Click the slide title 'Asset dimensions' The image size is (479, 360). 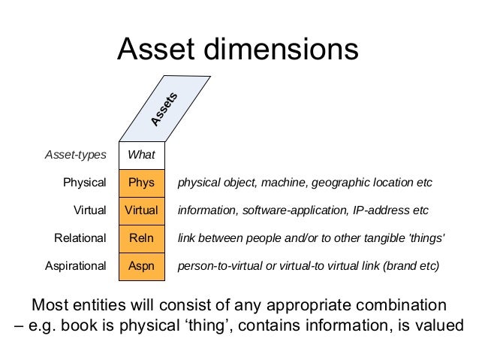pyautogui.click(x=238, y=50)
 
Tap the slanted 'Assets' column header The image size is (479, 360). pyautogui.click(x=164, y=110)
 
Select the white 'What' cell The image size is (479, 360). pyautogui.click(x=141, y=155)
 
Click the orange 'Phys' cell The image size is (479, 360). pyautogui.click(x=141, y=183)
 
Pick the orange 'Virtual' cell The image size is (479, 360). pyautogui.click(x=141, y=210)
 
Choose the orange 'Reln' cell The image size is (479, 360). pyautogui.click(x=141, y=238)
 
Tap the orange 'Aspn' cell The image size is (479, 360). pyautogui.click(x=141, y=266)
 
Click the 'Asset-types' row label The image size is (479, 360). pyautogui.click(x=76, y=155)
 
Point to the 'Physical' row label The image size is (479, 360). pyautogui.click(x=85, y=183)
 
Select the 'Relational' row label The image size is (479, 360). pyautogui.click(x=80, y=238)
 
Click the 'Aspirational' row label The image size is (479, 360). pyautogui.click(x=76, y=266)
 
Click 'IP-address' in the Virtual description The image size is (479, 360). pyautogui.click(x=386, y=210)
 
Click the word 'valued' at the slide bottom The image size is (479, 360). pyautogui.click(x=440, y=327)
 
